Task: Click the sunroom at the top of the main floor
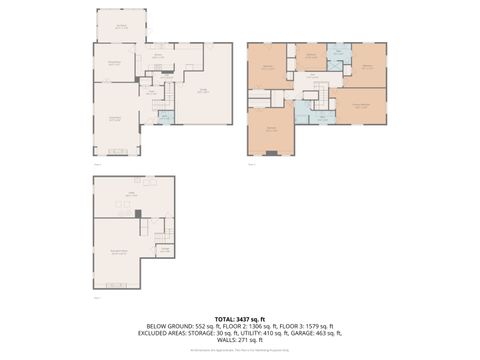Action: [120, 26]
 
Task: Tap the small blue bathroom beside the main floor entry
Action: [164, 117]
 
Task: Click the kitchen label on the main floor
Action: [157, 56]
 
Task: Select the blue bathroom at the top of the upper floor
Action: [338, 53]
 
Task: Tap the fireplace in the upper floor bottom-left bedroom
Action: [271, 152]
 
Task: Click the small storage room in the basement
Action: [166, 249]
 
